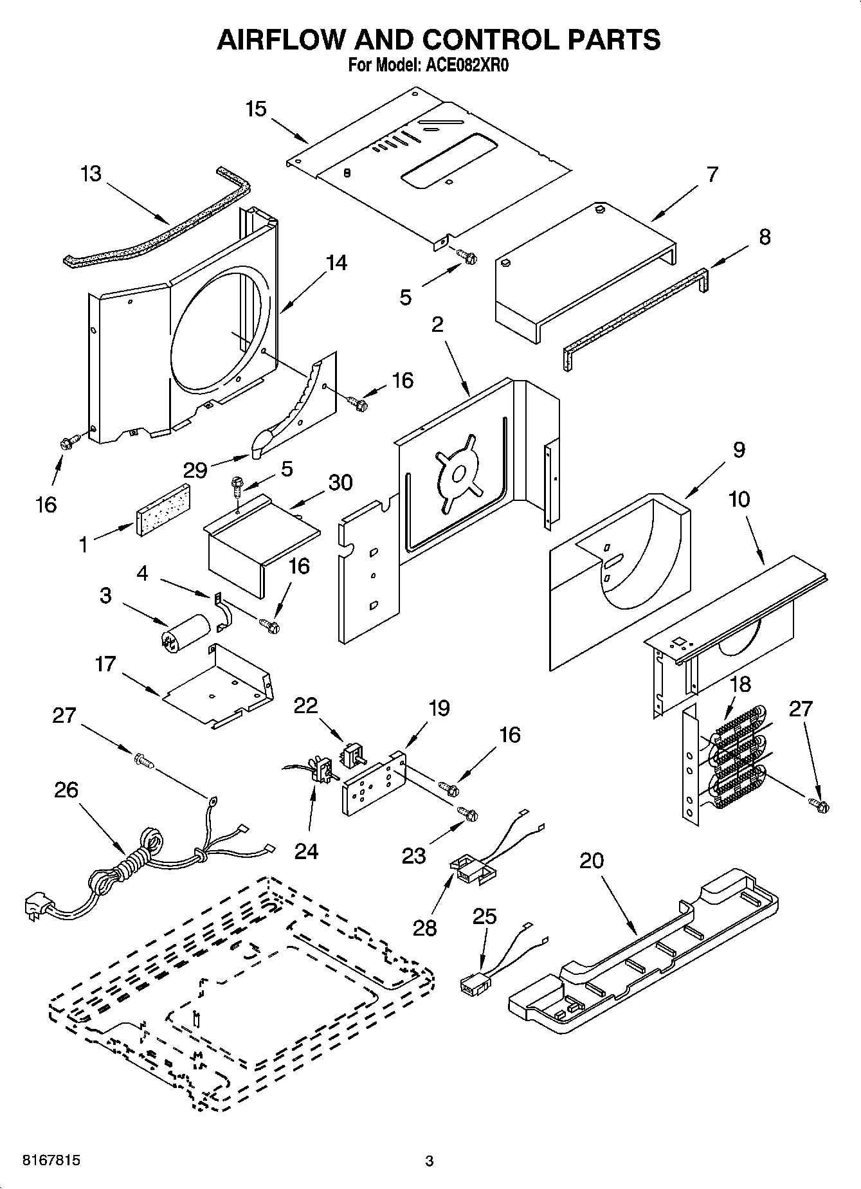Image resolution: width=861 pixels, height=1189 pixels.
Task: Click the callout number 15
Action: (255, 109)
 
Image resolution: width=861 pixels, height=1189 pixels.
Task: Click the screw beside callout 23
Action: (468, 814)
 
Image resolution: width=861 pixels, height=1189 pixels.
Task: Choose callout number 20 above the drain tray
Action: (592, 860)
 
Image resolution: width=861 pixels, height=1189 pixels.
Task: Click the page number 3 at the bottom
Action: (430, 1161)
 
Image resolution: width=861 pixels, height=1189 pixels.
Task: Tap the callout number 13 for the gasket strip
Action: (91, 174)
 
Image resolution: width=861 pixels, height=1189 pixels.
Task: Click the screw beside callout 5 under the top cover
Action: (467, 257)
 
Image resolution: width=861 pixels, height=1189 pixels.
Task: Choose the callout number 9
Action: (738, 449)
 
